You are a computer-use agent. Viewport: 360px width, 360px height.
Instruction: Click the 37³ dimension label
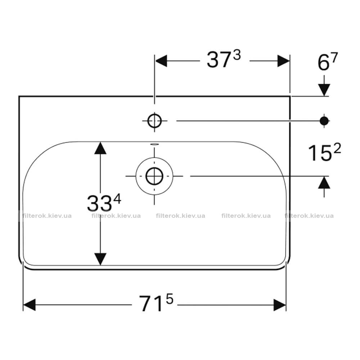coord(224,59)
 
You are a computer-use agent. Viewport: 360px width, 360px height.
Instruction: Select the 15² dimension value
coord(324,152)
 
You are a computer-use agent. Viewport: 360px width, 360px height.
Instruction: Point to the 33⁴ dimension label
coord(104,203)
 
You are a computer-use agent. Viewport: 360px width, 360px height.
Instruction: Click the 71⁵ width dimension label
coord(156,303)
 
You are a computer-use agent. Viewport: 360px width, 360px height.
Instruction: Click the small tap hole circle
coord(154,121)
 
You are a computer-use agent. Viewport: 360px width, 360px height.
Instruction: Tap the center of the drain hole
coord(154,176)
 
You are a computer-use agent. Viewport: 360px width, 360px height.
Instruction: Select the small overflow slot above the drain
coord(154,144)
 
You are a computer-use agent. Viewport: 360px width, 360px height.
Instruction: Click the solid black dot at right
coord(324,121)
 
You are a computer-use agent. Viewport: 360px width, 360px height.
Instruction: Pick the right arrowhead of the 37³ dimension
coord(284,61)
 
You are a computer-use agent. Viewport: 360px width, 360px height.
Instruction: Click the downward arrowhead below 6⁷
coord(324,90)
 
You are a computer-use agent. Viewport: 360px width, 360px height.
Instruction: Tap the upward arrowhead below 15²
coord(324,182)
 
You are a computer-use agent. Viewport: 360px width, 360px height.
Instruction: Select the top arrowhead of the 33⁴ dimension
coord(100,148)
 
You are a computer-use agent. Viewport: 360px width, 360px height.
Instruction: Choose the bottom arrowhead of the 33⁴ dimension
coord(100,259)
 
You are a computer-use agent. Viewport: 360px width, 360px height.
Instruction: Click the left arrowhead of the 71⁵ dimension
coord(30,305)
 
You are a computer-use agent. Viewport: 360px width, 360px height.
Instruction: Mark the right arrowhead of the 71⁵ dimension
coord(280,305)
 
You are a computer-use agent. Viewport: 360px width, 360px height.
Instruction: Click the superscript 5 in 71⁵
coord(170,299)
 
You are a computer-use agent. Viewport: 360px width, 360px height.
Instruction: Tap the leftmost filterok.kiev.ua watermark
coord(47,216)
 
